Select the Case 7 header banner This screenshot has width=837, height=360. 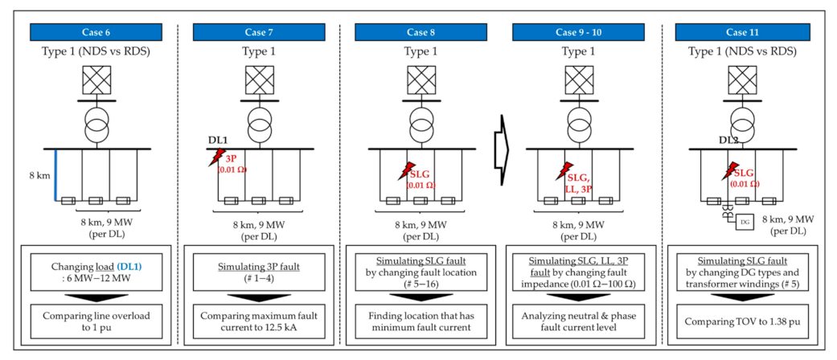[x=253, y=32]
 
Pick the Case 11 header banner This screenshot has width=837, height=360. [x=736, y=32]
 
